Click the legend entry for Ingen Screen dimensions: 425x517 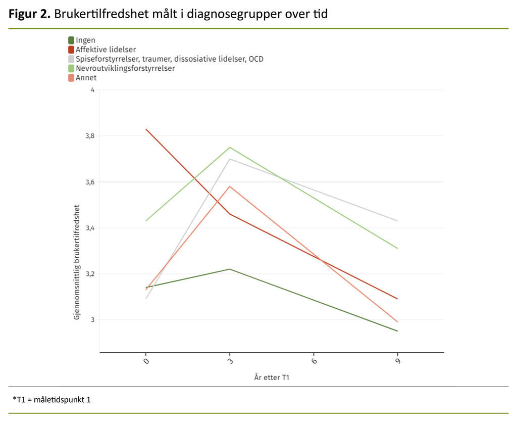[x=85, y=40]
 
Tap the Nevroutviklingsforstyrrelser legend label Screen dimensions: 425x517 [x=125, y=68]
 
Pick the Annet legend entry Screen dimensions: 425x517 [x=86, y=78]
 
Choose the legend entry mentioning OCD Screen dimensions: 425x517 [x=169, y=59]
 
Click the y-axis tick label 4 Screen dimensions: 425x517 [x=92, y=90]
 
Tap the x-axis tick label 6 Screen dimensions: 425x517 [x=314, y=362]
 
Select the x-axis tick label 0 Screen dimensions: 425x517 [x=146, y=362]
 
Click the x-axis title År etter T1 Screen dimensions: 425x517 [x=272, y=377]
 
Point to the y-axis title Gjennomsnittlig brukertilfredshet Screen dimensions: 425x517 [x=77, y=262]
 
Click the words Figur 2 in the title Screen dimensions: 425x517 [x=29, y=14]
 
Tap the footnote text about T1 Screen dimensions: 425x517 [x=51, y=400]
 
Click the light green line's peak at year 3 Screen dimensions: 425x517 [x=230, y=147]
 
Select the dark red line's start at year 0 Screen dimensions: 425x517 [x=146, y=129]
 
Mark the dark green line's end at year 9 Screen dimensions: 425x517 [x=397, y=331]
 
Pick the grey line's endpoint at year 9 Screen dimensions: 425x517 [x=397, y=221]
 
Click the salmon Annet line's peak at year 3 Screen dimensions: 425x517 [x=230, y=186]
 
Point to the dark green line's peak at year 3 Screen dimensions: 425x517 [x=230, y=269]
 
